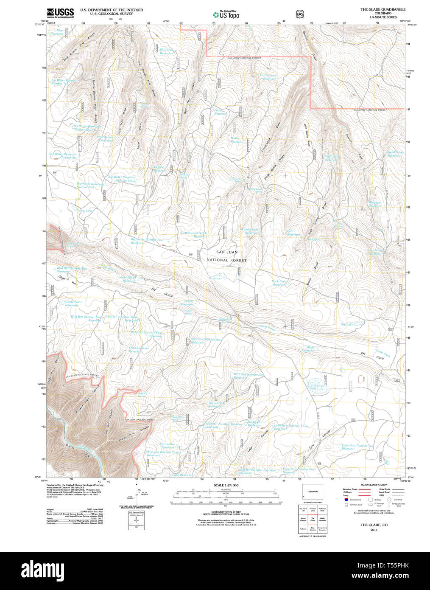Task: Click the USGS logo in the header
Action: click(60, 13)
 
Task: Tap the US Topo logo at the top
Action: click(226, 14)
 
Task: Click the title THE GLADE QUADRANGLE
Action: click(383, 9)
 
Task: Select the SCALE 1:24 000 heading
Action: click(226, 485)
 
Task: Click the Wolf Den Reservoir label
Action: click(166, 51)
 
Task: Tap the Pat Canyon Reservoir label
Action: click(268, 77)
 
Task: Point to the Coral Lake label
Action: click(85, 211)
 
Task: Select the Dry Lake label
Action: click(346, 324)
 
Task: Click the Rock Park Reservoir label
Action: click(279, 283)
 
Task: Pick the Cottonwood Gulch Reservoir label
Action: click(194, 234)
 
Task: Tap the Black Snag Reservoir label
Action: click(374, 252)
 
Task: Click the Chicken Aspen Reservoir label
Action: click(139, 349)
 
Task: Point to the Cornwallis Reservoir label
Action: click(167, 446)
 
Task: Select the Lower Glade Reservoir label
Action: click(127, 279)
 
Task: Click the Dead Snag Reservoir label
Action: click(395, 154)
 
